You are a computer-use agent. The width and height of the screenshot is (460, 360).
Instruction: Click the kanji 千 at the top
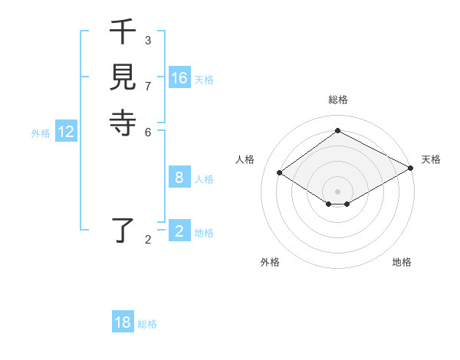click(x=123, y=34)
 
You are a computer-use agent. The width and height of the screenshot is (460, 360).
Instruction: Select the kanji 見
click(x=123, y=77)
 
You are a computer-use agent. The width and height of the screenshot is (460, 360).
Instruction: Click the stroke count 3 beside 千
click(x=148, y=40)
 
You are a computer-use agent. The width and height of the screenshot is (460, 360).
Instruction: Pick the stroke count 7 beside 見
click(x=148, y=85)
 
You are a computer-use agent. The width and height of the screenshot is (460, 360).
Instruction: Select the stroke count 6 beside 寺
click(x=148, y=131)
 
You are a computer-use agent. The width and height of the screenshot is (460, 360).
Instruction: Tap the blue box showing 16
click(x=179, y=78)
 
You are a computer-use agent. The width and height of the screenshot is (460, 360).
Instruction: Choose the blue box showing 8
click(x=179, y=178)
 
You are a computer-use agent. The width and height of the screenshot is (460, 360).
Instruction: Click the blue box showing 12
click(x=66, y=132)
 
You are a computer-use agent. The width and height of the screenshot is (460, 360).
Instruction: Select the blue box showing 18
click(x=123, y=322)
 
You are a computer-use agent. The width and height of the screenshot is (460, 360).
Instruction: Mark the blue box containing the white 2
click(x=179, y=231)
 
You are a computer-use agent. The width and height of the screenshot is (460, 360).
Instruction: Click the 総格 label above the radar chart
click(x=338, y=100)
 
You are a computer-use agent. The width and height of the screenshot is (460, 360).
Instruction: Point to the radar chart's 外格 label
click(x=270, y=262)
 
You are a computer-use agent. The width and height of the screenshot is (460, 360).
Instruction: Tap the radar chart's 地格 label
click(x=402, y=262)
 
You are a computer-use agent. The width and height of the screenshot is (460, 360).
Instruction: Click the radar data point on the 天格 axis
click(x=411, y=168)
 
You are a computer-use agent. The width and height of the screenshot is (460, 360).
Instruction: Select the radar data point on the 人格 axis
click(x=280, y=173)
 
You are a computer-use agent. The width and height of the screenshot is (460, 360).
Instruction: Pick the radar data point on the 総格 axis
click(x=338, y=131)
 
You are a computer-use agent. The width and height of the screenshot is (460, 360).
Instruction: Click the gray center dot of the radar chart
click(x=338, y=191)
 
